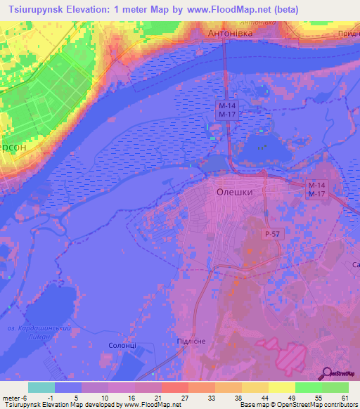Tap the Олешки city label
(x=233, y=191)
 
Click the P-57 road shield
(x=273, y=233)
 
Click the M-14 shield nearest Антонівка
(x=225, y=105)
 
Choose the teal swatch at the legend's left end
(x=41, y=387)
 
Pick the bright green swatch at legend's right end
(x=335, y=387)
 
